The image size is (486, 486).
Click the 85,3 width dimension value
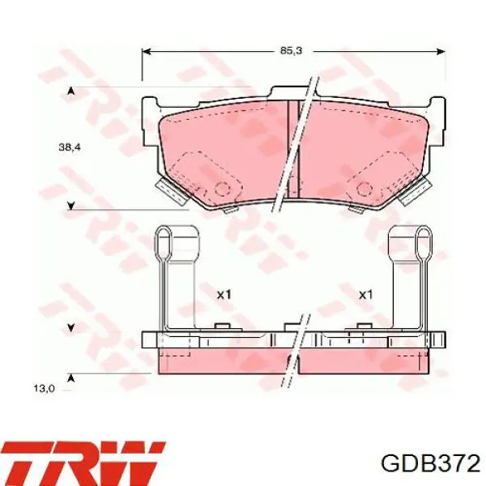click(291, 50)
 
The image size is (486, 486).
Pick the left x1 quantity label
click(224, 295)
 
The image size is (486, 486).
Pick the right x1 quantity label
click(365, 295)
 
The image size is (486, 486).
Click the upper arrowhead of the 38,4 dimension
click(71, 90)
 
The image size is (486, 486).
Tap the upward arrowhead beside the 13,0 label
click(71, 378)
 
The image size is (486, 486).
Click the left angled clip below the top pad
click(169, 192)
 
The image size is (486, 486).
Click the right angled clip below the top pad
click(416, 192)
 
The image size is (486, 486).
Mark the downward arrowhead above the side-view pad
click(71, 327)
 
